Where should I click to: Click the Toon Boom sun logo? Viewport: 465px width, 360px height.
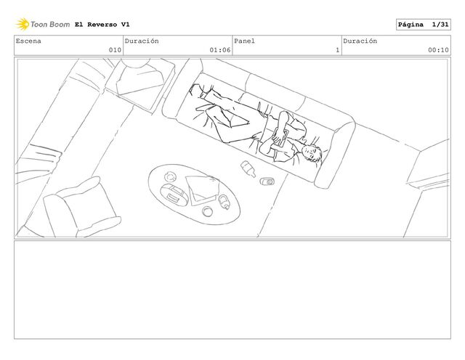tap(23, 24)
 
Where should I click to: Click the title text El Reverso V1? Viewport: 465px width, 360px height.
tap(102, 25)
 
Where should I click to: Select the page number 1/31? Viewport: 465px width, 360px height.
tap(440, 25)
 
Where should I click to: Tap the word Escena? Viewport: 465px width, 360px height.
tap(28, 41)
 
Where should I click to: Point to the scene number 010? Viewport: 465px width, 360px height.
tap(115, 50)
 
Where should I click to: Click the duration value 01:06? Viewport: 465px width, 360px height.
tap(220, 50)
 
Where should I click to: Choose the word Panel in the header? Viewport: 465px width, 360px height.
tap(244, 41)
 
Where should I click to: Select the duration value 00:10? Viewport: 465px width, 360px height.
tap(438, 50)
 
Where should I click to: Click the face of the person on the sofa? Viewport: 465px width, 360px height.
tap(311, 153)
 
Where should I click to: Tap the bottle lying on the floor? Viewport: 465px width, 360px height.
tap(248, 168)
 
